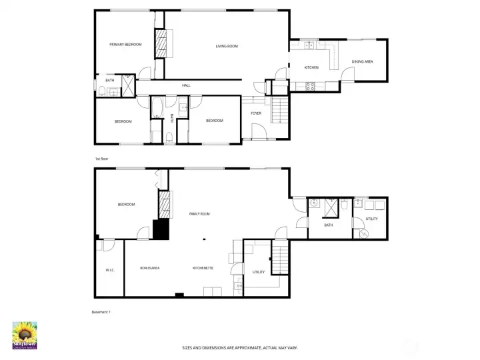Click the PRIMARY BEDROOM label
[126, 45]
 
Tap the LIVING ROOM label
[227, 46]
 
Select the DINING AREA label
[362, 62]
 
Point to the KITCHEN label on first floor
[311, 67]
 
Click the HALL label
[187, 85]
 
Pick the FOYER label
[256, 113]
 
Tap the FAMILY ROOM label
[199, 214]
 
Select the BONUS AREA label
[149, 268]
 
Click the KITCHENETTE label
[203, 268]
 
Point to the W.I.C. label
[110, 270]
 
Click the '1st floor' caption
[101, 159]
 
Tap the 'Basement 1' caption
[101, 311]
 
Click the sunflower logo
[25, 335]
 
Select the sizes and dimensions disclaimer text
[240, 347]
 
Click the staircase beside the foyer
[281, 109]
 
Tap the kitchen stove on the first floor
[310, 85]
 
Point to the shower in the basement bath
[331, 208]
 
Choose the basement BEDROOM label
[127, 205]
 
